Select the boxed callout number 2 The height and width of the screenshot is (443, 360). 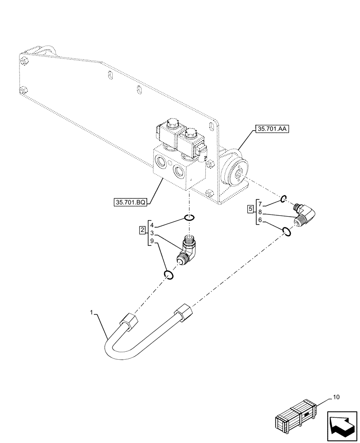pyautogui.click(x=142, y=230)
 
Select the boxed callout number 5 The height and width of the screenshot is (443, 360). pyautogui.click(x=250, y=208)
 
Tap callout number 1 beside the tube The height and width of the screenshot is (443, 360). pyautogui.click(x=92, y=313)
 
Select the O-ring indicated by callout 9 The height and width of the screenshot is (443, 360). pyautogui.click(x=168, y=275)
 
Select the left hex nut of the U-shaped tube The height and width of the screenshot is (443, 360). pyautogui.click(x=130, y=322)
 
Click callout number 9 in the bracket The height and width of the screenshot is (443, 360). pyautogui.click(x=152, y=241)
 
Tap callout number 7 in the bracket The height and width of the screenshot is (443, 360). pyautogui.click(x=261, y=204)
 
